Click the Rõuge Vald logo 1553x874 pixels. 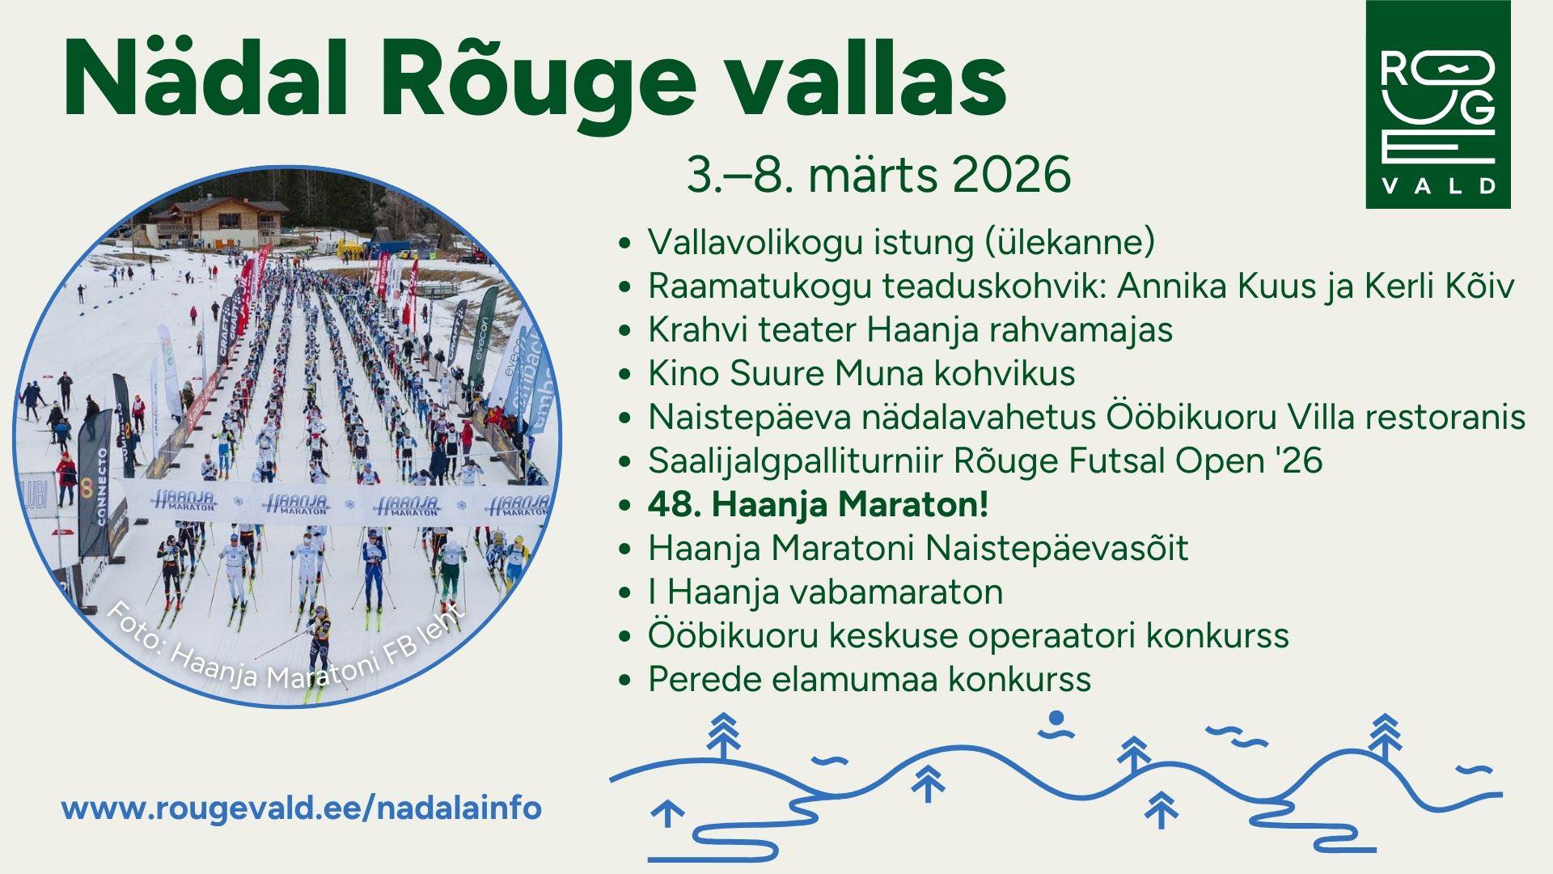click(x=1438, y=104)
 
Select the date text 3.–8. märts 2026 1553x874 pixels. click(x=878, y=173)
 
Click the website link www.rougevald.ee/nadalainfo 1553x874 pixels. click(x=302, y=808)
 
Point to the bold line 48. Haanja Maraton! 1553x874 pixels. click(x=818, y=504)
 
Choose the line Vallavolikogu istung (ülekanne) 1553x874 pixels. click(x=901, y=242)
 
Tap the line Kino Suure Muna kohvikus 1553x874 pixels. click(x=861, y=373)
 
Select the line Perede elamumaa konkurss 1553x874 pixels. click(x=870, y=679)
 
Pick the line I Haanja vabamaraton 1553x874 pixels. click(x=825, y=592)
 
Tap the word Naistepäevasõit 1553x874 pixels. click(x=1057, y=548)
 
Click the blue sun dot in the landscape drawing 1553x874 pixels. click(x=1056, y=718)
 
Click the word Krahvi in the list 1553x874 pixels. click(x=700, y=329)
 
